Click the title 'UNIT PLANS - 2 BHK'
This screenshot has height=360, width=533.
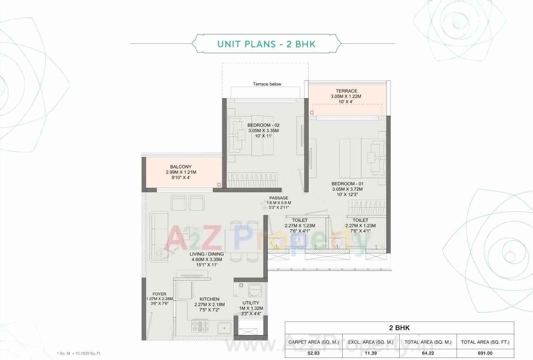pos(266,44)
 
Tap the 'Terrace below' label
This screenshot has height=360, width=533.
pos(267,84)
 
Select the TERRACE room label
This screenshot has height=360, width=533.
pos(346,91)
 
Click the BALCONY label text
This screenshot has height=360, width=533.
pos(181,167)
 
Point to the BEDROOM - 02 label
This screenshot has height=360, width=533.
pos(263,125)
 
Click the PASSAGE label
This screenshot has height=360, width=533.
pos(279,198)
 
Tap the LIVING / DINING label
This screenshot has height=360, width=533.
pos(207,254)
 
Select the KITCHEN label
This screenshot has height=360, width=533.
pos(209,299)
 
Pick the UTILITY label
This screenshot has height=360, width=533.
pos(251,303)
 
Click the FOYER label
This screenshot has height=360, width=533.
pos(159,294)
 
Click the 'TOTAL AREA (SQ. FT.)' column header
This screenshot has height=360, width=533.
pos(485,342)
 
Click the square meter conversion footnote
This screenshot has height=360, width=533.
pos(79,353)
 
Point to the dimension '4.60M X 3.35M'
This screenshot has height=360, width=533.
pos(207,259)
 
